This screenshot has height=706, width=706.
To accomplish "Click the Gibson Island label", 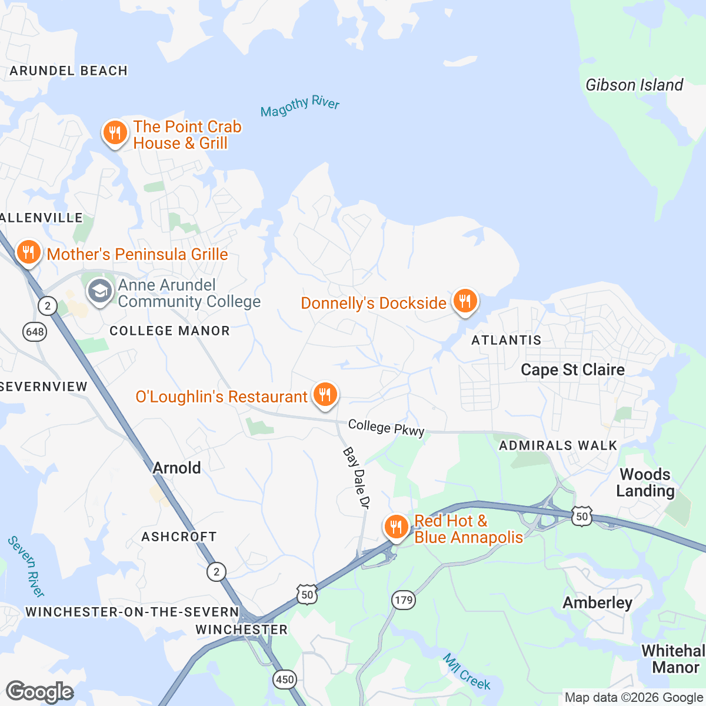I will [634, 85].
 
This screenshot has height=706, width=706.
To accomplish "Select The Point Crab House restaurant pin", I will [115, 133].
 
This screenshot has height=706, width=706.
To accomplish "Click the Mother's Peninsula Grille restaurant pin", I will [28, 253].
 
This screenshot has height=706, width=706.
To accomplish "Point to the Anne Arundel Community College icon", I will [100, 291].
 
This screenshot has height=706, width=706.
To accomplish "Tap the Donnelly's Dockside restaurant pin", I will [465, 301].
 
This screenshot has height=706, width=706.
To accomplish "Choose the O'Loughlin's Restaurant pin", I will [324, 395].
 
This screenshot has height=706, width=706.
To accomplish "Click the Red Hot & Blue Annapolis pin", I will [396, 527].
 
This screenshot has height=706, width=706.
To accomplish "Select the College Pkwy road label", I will [386, 428].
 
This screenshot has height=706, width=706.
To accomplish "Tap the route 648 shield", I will [35, 332].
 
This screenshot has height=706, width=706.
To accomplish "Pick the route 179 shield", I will [404, 600].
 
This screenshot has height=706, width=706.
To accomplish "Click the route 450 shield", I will [285, 680].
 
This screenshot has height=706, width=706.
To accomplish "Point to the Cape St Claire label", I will [572, 369].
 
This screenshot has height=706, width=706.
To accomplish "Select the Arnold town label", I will [176, 468].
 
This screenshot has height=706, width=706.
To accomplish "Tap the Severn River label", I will [26, 566].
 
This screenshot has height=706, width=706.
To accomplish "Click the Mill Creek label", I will [467, 671].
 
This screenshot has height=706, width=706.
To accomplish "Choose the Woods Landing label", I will [645, 482].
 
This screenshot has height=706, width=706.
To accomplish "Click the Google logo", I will [39, 692].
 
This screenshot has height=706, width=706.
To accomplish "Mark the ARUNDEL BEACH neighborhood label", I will [69, 71].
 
